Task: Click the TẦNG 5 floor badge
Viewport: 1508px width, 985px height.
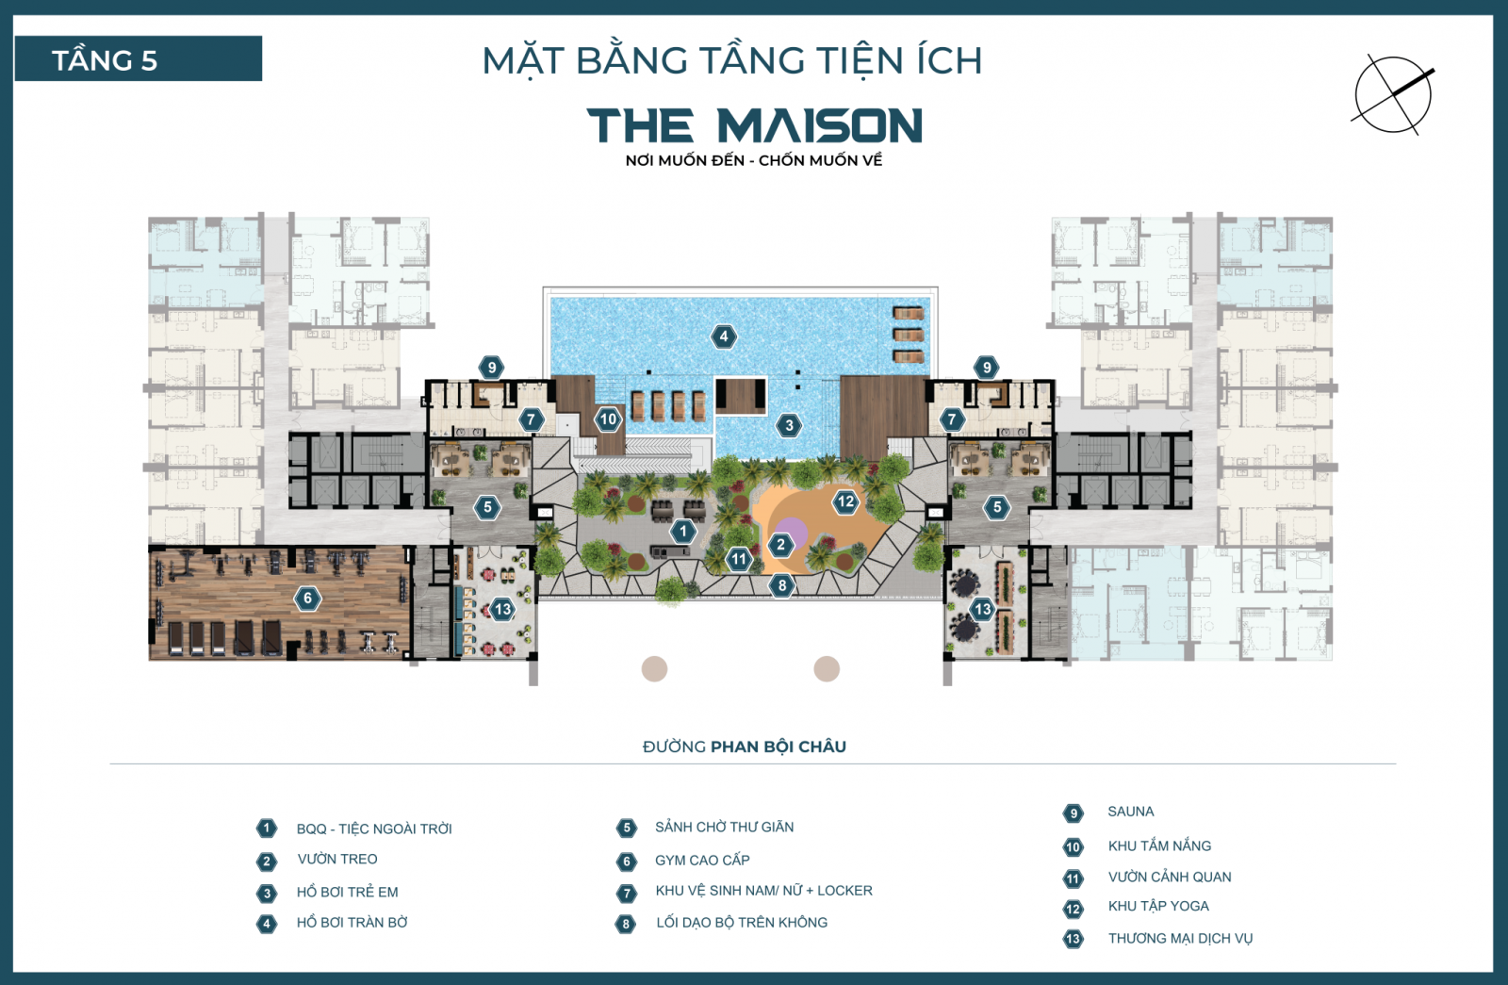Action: [x=138, y=59]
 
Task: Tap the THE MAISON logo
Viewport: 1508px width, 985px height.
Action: [x=754, y=125]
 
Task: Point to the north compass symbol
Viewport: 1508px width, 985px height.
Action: [x=1393, y=94]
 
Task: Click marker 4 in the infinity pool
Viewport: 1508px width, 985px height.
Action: [x=724, y=337]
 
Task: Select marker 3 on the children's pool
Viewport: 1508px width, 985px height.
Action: [x=790, y=425]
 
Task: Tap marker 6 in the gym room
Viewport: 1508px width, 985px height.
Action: [x=307, y=598]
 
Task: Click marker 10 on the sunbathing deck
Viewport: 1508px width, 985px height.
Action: [x=608, y=419]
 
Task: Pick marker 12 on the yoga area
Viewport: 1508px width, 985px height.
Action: [x=845, y=502]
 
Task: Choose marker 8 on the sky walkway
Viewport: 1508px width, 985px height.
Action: [x=781, y=585]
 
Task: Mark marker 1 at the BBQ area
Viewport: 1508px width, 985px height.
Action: [x=683, y=532]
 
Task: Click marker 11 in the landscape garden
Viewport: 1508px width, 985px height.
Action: [x=739, y=559]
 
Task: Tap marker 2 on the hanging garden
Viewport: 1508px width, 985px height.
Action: [x=780, y=544]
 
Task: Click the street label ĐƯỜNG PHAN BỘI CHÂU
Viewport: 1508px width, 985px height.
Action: [x=744, y=747]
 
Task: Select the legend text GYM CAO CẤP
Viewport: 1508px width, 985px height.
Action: [x=702, y=861]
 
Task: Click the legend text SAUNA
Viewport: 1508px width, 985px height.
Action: [x=1130, y=812]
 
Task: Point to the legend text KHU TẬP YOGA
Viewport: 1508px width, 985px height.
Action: [x=1158, y=906]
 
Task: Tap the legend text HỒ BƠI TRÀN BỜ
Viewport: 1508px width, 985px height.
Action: [x=352, y=923]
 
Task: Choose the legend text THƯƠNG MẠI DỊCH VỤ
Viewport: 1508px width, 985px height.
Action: [x=1180, y=938]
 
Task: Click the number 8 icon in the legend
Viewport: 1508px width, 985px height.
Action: [x=626, y=924]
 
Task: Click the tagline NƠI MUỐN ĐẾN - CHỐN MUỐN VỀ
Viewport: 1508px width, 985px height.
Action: [x=754, y=160]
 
